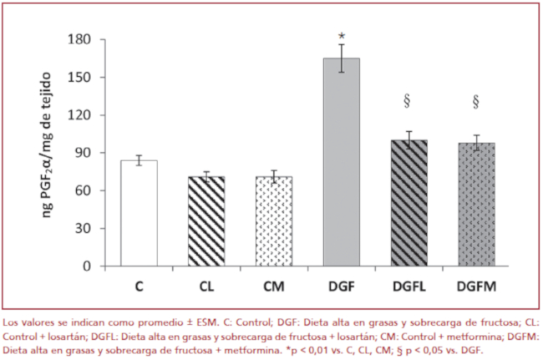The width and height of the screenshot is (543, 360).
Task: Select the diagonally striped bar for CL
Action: click(x=206, y=221)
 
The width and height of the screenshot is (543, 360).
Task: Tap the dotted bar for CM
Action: click(x=274, y=221)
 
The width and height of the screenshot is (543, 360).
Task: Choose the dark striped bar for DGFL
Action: click(x=409, y=203)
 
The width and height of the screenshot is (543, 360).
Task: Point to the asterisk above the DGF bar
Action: click(x=342, y=36)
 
